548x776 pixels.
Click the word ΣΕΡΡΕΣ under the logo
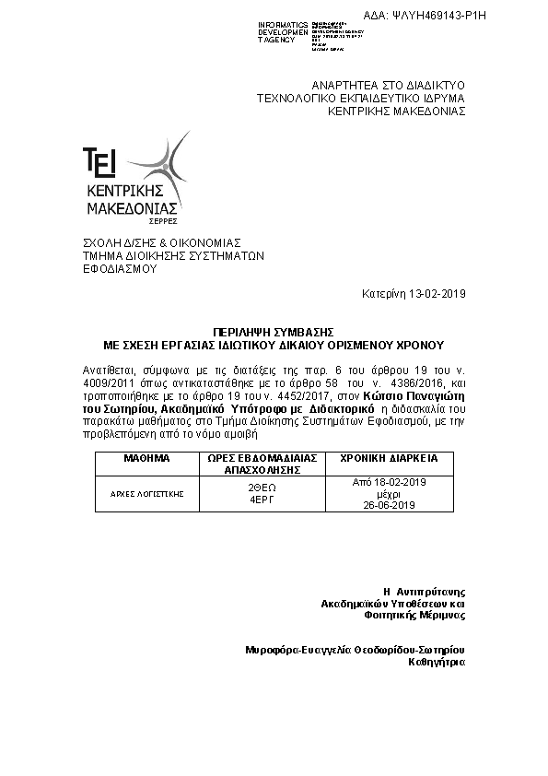pyautogui.click(x=163, y=222)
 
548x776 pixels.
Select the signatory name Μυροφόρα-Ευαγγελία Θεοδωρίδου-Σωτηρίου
pyautogui.click(x=355, y=650)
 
